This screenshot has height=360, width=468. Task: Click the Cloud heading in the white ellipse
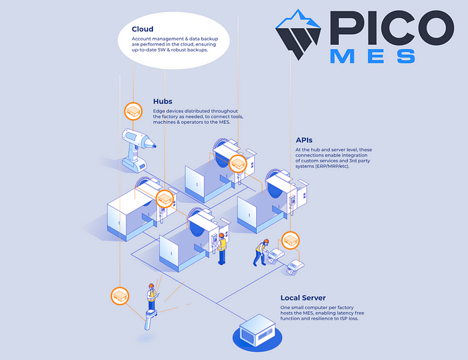click(142, 29)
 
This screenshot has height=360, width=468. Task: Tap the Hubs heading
click(162, 102)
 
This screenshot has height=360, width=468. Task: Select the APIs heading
click(304, 141)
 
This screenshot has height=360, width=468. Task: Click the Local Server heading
click(304, 298)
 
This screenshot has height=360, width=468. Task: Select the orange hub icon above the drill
click(134, 110)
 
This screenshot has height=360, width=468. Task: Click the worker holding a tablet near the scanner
click(152, 295)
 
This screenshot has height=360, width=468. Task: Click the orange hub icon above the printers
click(289, 240)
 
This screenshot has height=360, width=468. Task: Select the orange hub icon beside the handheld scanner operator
click(120, 295)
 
